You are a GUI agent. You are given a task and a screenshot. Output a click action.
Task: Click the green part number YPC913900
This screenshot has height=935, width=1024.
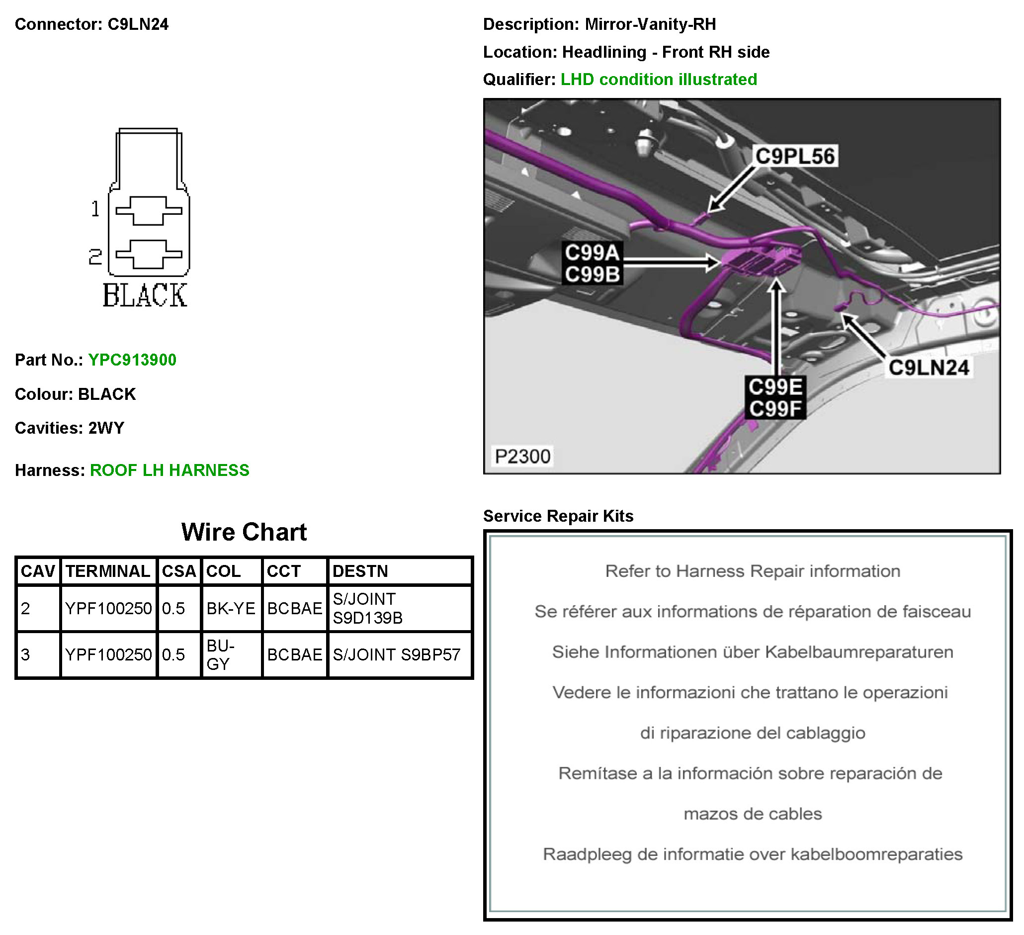coord(132,360)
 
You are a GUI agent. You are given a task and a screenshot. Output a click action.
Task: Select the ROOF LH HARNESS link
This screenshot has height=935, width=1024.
coord(170,470)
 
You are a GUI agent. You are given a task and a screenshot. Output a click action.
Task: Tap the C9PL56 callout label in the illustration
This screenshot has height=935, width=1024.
coord(795,156)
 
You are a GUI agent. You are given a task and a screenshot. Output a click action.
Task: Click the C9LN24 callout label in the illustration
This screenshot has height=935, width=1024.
coord(929,368)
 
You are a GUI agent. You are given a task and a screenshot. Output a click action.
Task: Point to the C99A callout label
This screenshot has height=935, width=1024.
coord(592,252)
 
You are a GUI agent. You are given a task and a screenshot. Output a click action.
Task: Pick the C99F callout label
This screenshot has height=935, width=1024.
coord(775,408)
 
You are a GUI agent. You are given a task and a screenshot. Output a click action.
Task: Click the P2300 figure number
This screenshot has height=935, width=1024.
coord(522,457)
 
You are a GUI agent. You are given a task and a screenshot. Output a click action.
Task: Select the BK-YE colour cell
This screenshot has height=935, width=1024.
coord(231,608)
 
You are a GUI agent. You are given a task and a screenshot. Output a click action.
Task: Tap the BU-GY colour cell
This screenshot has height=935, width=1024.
coord(220,654)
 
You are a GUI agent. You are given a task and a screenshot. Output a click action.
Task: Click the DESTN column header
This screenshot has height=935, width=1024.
coord(360,571)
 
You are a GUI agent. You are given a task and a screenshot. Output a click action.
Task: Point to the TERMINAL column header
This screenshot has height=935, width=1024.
coord(108,571)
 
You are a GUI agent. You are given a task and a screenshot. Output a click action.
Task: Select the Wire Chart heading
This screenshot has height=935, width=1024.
coord(244,532)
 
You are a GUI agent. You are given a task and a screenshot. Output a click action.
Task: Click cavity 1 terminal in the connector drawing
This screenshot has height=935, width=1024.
coord(148,210)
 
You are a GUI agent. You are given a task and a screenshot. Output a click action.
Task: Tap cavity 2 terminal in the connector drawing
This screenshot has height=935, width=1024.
coord(148,254)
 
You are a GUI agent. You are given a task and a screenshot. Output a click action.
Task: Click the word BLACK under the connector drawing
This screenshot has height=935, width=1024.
coord(145,296)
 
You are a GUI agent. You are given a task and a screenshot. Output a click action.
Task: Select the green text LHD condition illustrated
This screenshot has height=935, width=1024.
coord(659,79)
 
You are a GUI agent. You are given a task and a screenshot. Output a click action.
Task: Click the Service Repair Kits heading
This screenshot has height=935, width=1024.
coord(558,516)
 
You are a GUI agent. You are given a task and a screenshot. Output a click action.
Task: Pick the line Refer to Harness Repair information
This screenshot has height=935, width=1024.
coord(752,571)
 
